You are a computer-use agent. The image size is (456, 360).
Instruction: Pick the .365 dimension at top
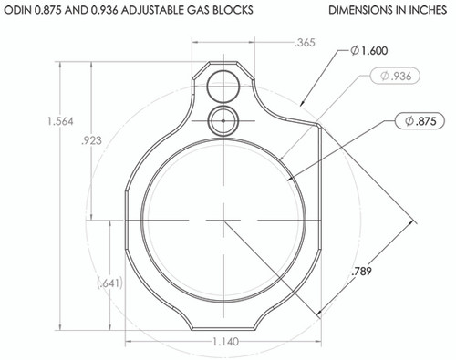[x=307, y=43]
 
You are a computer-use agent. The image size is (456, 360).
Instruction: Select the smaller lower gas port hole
[x=222, y=118]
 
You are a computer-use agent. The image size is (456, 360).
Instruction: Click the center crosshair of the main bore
[x=221, y=218]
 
